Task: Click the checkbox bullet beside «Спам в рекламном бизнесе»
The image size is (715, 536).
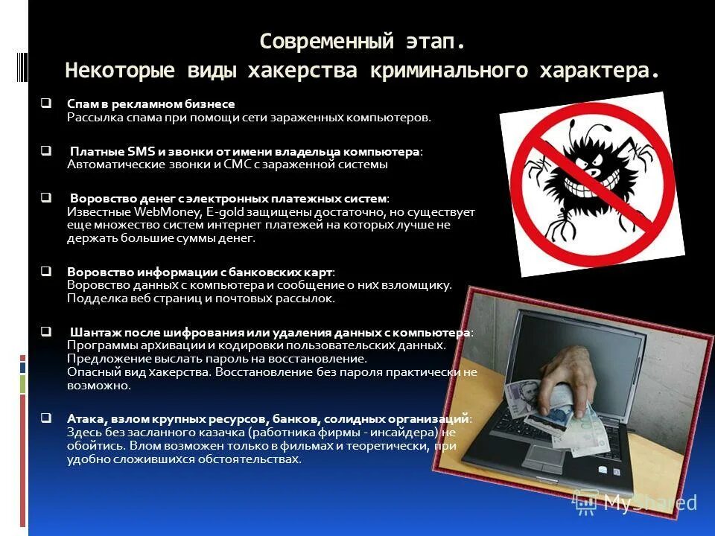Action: pyautogui.click(x=46, y=103)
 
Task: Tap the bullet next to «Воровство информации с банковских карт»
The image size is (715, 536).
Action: pyautogui.click(x=46, y=271)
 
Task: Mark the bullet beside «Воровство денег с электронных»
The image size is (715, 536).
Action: pyautogui.click(x=46, y=198)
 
